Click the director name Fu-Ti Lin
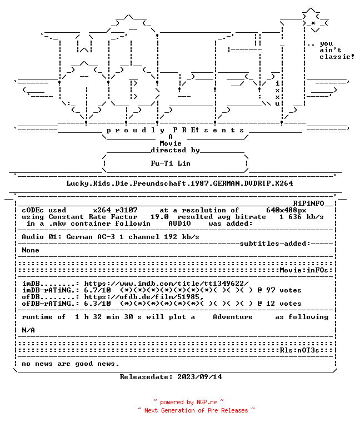(171, 163)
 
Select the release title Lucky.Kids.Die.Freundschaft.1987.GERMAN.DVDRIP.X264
(179, 183)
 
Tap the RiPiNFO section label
(308, 203)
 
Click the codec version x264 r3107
(115, 210)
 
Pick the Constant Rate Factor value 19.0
(160, 217)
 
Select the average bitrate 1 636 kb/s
(302, 217)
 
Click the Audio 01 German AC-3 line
(111, 237)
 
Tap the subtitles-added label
(275, 244)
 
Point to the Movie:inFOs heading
(304, 270)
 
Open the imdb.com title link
(166, 284)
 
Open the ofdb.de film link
(144, 297)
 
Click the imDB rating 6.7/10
(97, 290)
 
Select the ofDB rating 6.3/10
(97, 304)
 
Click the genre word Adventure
(233, 317)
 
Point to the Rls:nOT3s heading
(299, 350)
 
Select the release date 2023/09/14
(199, 377)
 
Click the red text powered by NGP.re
(188, 402)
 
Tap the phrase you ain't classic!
(337, 51)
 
